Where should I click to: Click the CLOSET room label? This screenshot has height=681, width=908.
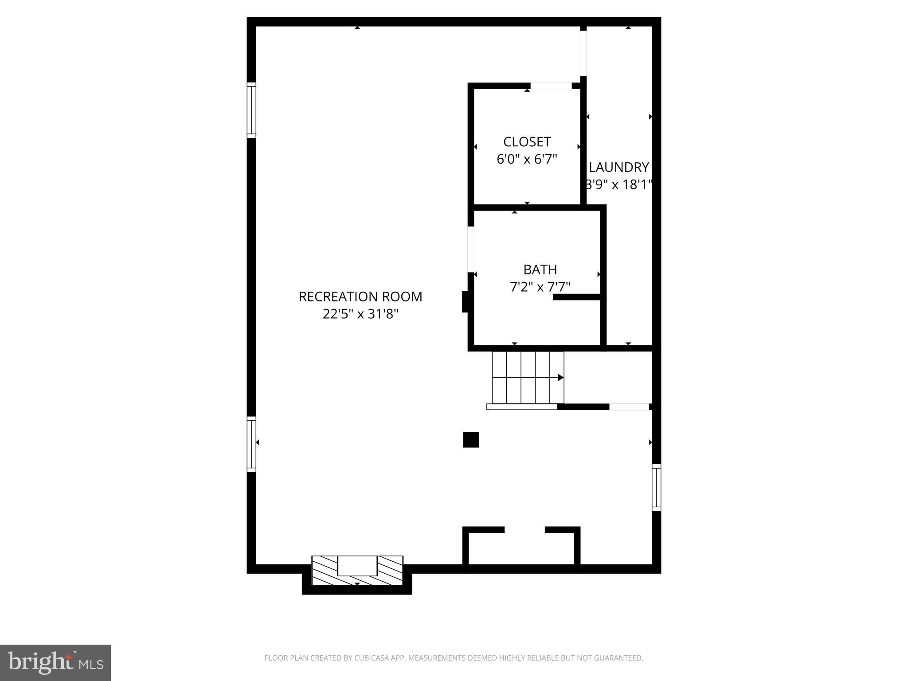pyautogui.click(x=527, y=142)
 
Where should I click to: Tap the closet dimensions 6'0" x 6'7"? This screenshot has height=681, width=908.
pyautogui.click(x=527, y=159)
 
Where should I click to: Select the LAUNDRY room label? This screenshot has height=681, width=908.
pyautogui.click(x=618, y=167)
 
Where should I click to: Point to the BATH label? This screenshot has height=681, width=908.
pyautogui.click(x=540, y=270)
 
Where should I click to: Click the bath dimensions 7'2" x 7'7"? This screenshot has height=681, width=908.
pyautogui.click(x=540, y=287)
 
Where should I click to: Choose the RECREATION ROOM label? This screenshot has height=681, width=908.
pyautogui.click(x=360, y=297)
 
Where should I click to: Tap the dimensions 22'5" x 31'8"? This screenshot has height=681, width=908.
pyautogui.click(x=360, y=314)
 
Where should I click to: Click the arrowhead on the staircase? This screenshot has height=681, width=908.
pyautogui.click(x=560, y=377)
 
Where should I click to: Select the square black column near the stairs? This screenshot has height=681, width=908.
pyautogui.click(x=471, y=440)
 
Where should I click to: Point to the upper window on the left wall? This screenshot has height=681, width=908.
pyautogui.click(x=251, y=110)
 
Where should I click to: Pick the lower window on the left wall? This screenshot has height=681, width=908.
pyautogui.click(x=251, y=444)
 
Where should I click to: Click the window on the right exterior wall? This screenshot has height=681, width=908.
pyautogui.click(x=657, y=487)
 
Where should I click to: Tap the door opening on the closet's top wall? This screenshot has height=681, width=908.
pyautogui.click(x=551, y=86)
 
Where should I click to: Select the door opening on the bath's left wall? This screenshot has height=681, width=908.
pyautogui.click(x=471, y=249)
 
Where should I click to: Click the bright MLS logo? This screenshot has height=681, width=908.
pyautogui.click(x=55, y=663)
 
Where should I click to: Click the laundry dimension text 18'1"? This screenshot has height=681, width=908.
pyautogui.click(x=636, y=185)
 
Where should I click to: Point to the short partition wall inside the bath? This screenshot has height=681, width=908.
pyautogui.click(x=577, y=297)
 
